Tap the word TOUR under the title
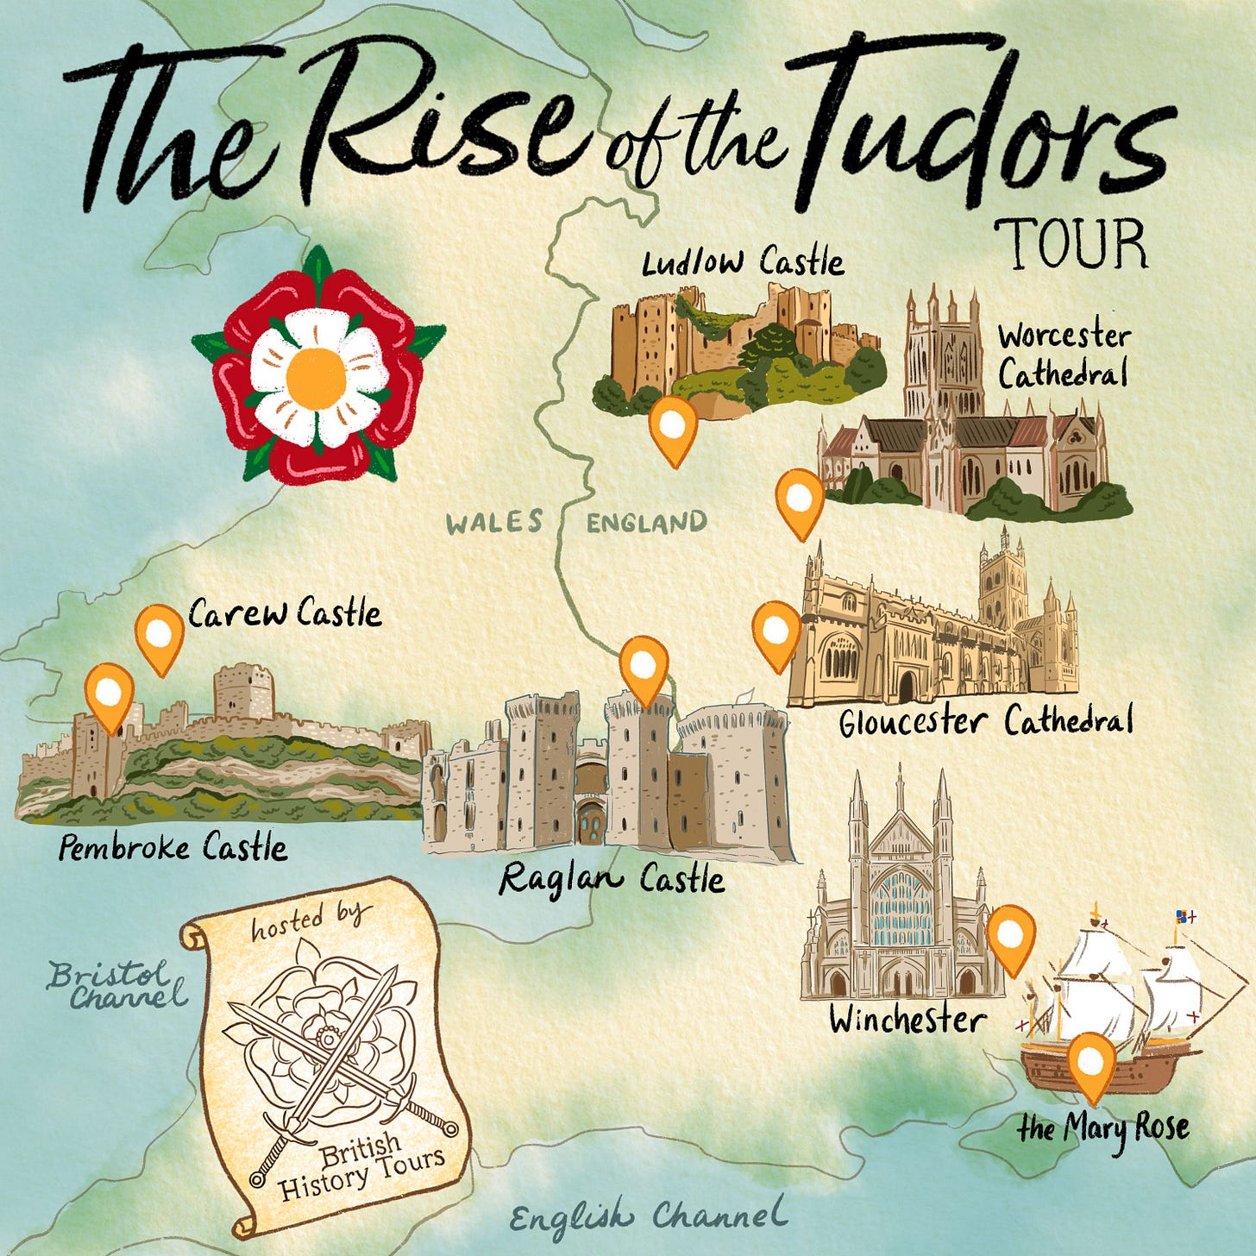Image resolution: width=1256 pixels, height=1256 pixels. pyautogui.click(x=1071, y=244)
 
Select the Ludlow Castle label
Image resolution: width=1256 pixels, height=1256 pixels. pyautogui.click(x=742, y=261)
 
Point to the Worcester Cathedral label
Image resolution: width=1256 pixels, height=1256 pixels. pyautogui.click(x=1063, y=355)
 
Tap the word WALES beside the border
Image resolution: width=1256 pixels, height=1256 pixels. pyautogui.click(x=494, y=522)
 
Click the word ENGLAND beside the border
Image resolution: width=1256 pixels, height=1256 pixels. pyautogui.click(x=647, y=522)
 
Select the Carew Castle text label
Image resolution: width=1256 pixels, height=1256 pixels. pyautogui.click(x=285, y=613)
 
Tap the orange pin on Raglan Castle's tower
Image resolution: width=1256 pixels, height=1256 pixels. pyautogui.click(x=644, y=666)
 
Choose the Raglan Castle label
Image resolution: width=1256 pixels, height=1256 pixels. pyautogui.click(x=612, y=879)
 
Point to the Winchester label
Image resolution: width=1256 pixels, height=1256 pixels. pyautogui.click(x=907, y=1020)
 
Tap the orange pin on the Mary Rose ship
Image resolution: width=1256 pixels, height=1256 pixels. pyautogui.click(x=1091, y=1062)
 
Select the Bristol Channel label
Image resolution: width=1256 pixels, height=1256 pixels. pyautogui.click(x=116, y=986)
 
